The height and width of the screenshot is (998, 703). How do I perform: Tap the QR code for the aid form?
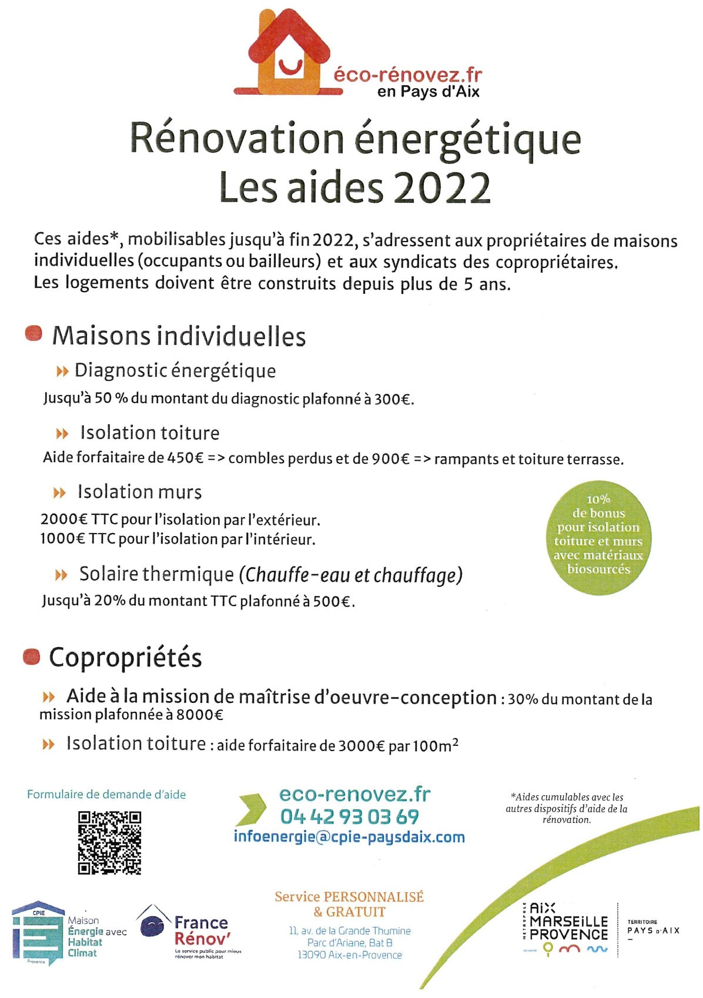[x=109, y=842]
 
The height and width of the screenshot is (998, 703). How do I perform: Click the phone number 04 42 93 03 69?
[x=349, y=816]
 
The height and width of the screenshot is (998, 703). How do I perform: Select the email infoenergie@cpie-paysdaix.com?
[x=349, y=836]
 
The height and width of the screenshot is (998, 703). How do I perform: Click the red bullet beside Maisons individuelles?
[x=34, y=334]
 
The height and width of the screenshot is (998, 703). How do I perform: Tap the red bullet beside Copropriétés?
[x=31, y=656]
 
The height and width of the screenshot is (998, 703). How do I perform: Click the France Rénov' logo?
[x=188, y=930]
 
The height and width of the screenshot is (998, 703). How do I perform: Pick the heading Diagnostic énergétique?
[x=175, y=371]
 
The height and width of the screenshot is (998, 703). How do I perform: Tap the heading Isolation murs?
[x=139, y=492]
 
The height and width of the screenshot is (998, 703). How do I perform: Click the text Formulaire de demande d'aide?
[x=106, y=795]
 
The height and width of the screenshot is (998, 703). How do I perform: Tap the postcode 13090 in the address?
[x=311, y=955]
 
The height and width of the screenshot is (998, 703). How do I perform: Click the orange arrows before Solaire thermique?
[x=61, y=575]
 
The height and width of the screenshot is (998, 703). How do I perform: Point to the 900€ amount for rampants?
[x=390, y=459]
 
